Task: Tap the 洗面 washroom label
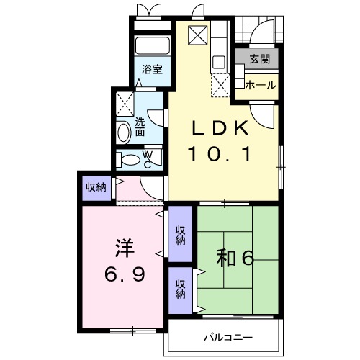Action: [x=140, y=127]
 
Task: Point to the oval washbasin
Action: [x=124, y=131]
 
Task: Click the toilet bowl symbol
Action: [x=130, y=160]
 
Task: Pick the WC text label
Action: [x=147, y=159]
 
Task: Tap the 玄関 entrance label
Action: [x=258, y=60]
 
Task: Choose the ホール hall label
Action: [x=260, y=85]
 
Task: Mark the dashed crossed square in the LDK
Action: [x=220, y=87]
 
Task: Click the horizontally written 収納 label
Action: [x=96, y=188]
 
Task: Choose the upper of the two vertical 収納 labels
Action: [x=180, y=235]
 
